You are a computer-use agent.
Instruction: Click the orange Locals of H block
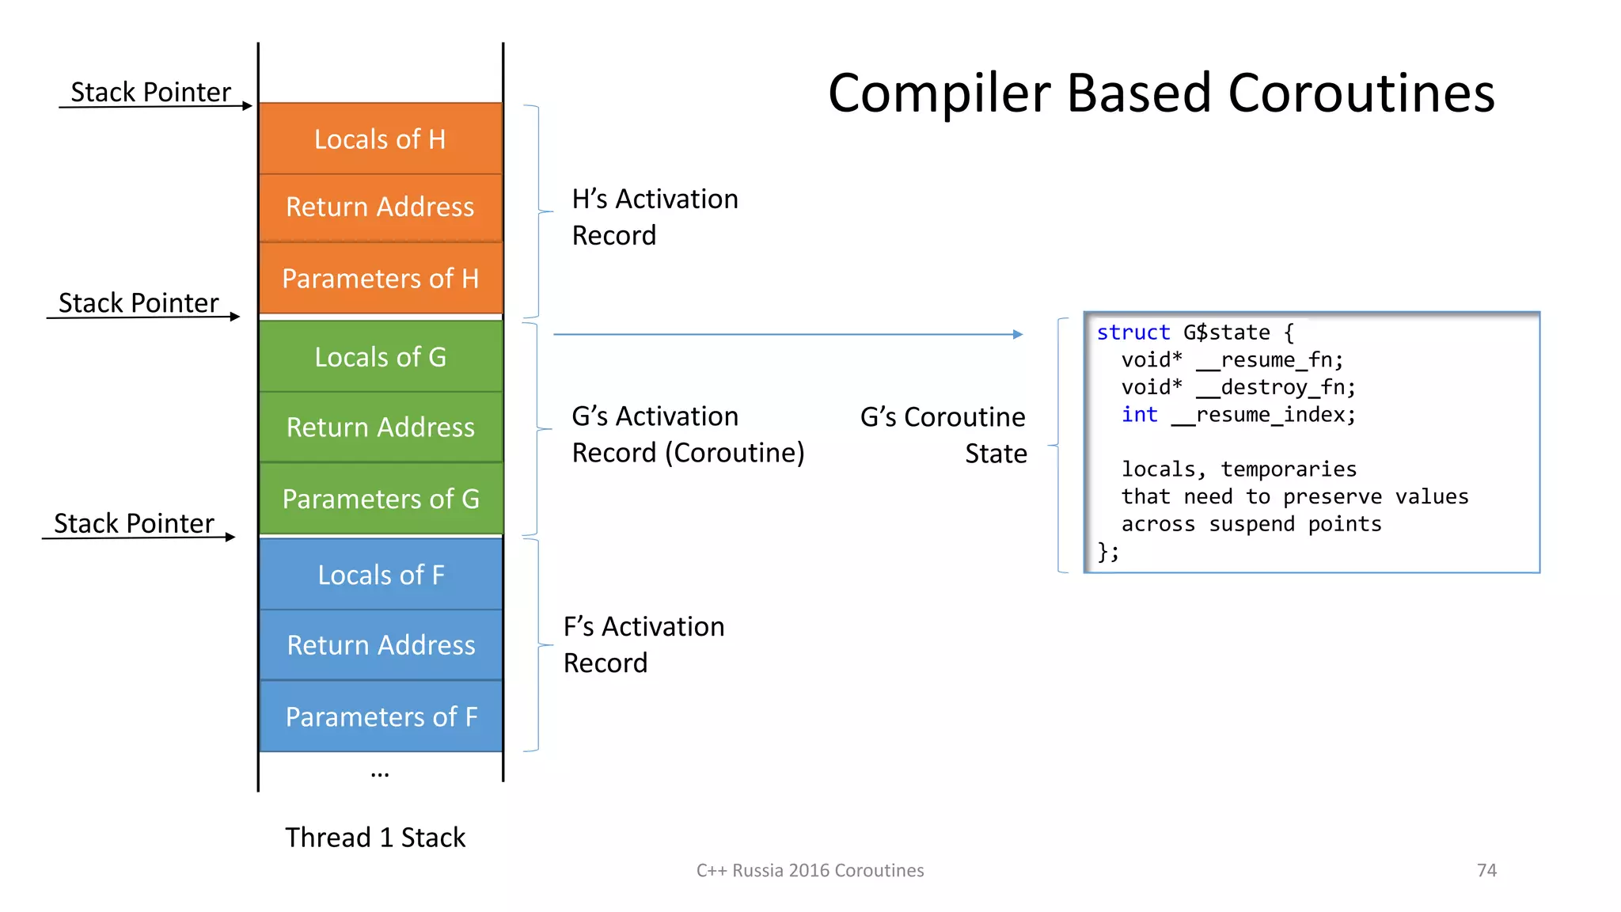click(x=381, y=139)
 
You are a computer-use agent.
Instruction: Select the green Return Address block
click(x=381, y=427)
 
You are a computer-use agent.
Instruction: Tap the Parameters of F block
click(x=381, y=716)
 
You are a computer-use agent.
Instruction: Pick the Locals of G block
click(x=381, y=357)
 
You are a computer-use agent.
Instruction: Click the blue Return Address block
click(x=381, y=645)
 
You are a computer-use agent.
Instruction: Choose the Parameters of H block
click(x=381, y=279)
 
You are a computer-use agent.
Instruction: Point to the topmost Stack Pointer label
click(x=150, y=92)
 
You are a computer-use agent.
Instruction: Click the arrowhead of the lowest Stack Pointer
click(x=230, y=538)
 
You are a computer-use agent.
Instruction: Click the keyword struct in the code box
click(x=1133, y=332)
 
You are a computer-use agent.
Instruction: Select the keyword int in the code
click(x=1139, y=415)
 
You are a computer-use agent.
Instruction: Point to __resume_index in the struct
click(x=1262, y=415)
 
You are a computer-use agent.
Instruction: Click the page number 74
click(x=1486, y=870)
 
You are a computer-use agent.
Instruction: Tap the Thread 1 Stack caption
click(x=375, y=838)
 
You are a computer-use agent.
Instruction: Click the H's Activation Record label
click(x=654, y=217)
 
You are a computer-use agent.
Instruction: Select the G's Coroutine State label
click(x=943, y=435)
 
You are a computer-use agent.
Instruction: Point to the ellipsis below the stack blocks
click(x=380, y=773)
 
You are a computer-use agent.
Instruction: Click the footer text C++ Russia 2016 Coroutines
click(x=810, y=870)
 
